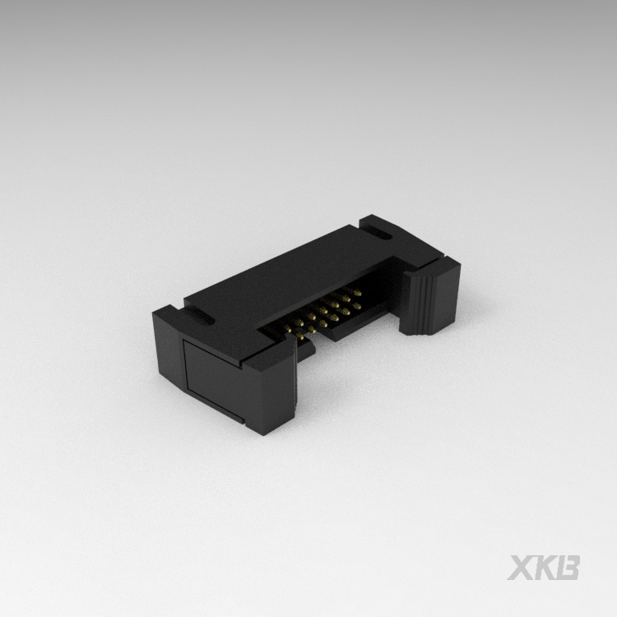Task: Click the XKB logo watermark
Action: coord(544,568)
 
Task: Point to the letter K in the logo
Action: coord(545,568)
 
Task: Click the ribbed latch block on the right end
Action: coord(430,298)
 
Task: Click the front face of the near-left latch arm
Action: coord(271,387)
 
